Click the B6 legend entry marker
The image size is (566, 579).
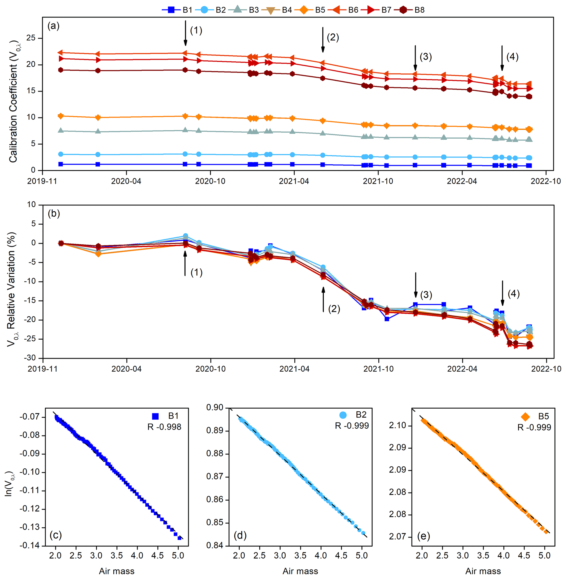click(x=337, y=10)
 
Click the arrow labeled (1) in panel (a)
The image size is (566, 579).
click(x=185, y=33)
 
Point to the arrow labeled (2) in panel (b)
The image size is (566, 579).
click(x=323, y=299)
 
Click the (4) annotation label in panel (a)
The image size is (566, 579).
click(x=513, y=56)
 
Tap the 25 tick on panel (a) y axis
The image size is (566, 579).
click(x=31, y=38)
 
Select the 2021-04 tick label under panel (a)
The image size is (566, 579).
click(x=294, y=181)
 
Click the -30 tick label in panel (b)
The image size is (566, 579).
click(x=30, y=358)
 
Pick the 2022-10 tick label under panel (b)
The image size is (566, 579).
click(x=546, y=369)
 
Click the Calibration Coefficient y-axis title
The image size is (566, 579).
click(x=13, y=101)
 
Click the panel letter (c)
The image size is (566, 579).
click(x=56, y=535)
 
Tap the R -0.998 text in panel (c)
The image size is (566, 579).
click(x=164, y=427)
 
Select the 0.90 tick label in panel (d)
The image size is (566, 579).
click(x=215, y=408)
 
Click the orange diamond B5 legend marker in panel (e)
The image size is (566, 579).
click(x=525, y=417)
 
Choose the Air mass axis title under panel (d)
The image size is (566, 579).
click(x=300, y=571)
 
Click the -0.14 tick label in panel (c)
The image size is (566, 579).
click(x=29, y=546)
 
